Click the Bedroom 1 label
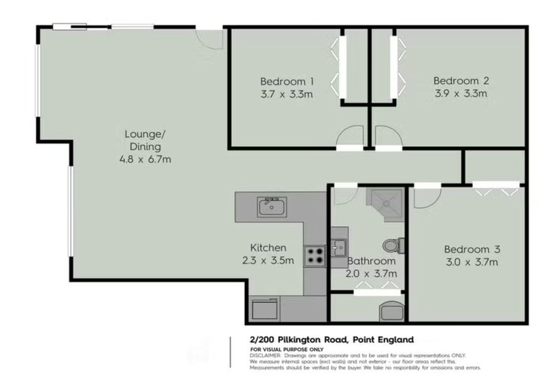(287, 81)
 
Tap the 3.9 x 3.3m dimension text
(460, 93)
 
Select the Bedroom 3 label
(472, 249)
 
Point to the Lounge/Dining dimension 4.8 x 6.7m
(145, 159)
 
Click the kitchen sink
(272, 207)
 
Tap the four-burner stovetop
(315, 256)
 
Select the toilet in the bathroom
(393, 246)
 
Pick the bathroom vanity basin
(338, 247)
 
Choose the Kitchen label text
(268, 248)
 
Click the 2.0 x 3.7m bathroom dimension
(371, 274)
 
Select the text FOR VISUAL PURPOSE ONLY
(287, 350)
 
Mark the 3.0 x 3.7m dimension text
(472, 262)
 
